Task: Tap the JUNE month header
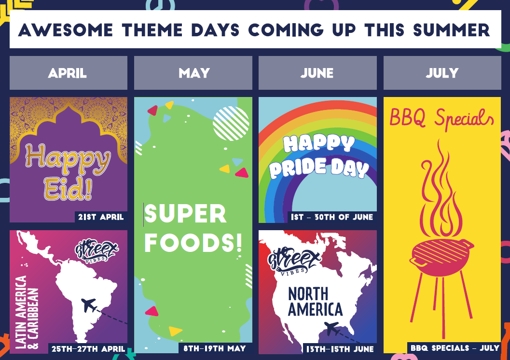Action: click(x=317, y=73)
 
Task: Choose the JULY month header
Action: click(x=442, y=73)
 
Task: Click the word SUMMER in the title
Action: click(x=452, y=30)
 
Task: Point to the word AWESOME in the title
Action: click(x=65, y=30)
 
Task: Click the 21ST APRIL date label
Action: click(x=101, y=217)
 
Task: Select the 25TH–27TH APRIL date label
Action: click(x=88, y=349)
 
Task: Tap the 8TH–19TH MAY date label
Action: click(x=215, y=348)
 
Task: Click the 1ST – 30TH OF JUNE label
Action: click(x=332, y=217)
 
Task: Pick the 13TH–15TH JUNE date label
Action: click(x=340, y=349)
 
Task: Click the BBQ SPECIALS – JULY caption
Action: click(x=455, y=348)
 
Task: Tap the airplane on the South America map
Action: click(x=89, y=305)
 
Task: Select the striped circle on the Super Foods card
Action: click(x=231, y=124)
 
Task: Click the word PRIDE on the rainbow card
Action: click(x=298, y=167)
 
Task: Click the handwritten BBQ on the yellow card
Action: click(x=408, y=117)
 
